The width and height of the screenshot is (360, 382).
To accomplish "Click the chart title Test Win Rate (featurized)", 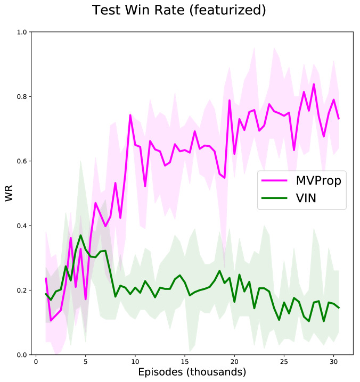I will [x=179, y=10].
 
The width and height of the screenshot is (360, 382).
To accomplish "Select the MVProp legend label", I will [x=318, y=180].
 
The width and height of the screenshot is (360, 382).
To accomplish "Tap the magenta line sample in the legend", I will [x=275, y=181].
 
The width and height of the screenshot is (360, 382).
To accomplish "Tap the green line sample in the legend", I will [x=275, y=200].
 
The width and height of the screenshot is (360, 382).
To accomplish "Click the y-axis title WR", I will [x=9, y=193].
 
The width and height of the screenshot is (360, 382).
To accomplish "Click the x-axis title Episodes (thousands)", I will [x=192, y=371].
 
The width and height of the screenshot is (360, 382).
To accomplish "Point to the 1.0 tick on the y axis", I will [x=22, y=32].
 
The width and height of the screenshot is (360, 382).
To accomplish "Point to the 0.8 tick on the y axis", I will [x=22, y=96].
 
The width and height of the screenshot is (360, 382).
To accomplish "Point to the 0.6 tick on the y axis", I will [x=22, y=161].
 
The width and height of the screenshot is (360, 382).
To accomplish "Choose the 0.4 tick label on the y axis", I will [x=22, y=226].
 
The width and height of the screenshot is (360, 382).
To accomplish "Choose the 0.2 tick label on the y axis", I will [x=22, y=290].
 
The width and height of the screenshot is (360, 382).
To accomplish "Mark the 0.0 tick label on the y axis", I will [x=22, y=355].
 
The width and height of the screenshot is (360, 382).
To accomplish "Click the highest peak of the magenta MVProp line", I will [x=314, y=84].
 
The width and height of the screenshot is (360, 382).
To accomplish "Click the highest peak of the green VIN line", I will [x=80, y=235].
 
